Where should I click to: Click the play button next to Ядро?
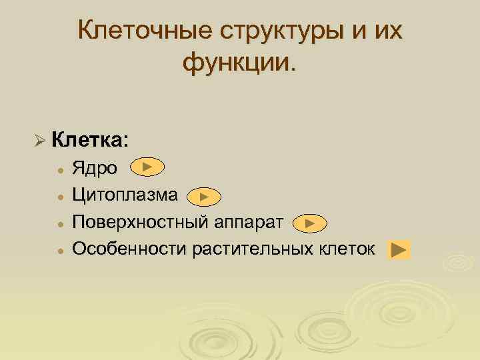click(148, 167)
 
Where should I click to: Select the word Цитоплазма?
click(125, 195)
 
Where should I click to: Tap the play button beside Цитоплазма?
click(204, 196)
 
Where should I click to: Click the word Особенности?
click(129, 249)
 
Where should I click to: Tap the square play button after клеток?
click(398, 250)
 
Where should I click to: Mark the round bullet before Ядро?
click(59, 170)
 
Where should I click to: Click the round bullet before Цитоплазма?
click(59, 197)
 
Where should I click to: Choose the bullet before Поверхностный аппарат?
click(59, 224)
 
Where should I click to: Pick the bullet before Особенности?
click(59, 251)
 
